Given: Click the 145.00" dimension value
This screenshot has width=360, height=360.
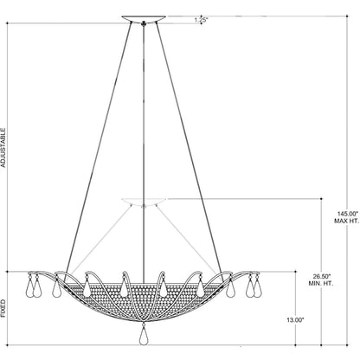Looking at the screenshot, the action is pyautogui.click(x=347, y=214).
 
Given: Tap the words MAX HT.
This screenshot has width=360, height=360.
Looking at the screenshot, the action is pyautogui.click(x=346, y=222).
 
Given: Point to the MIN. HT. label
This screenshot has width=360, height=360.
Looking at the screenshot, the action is pyautogui.click(x=321, y=284).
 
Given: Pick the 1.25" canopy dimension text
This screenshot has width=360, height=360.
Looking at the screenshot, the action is pyautogui.click(x=201, y=21).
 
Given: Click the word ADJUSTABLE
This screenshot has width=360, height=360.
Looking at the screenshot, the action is pyautogui.click(x=3, y=148).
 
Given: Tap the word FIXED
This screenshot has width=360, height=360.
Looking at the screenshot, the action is pyautogui.click(x=3, y=308).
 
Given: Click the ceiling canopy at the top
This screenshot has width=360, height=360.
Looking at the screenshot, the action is pyautogui.click(x=144, y=19).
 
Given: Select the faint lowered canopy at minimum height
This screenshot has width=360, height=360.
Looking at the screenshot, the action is pyautogui.click(x=144, y=202).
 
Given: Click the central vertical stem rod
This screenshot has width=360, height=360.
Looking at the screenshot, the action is pyautogui.click(x=144, y=150).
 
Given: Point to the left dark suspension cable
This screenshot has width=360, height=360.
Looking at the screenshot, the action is pyautogui.click(x=99, y=148).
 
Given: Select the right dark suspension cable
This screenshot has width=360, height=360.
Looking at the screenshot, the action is pyautogui.click(x=189, y=148).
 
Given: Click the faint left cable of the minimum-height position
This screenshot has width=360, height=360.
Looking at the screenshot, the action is pyautogui.click(x=100, y=240).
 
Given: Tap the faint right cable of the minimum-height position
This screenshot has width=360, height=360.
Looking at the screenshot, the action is pyautogui.click(x=187, y=240).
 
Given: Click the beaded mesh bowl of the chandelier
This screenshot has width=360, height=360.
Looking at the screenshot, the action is pyautogui.click(x=144, y=300).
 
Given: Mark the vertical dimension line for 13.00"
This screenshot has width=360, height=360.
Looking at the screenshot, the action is pyautogui.click(x=295, y=308).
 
